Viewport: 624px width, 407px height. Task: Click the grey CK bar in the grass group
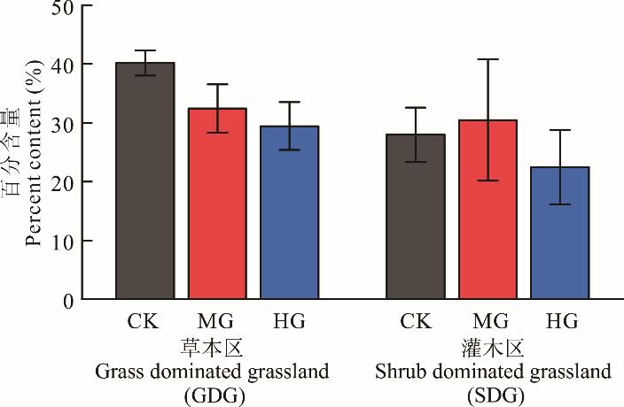pos(145,181)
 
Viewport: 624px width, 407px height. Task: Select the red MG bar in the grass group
pos(217,203)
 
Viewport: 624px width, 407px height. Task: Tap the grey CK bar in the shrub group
pos(415,217)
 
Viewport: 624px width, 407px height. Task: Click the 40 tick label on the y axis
pos(63,65)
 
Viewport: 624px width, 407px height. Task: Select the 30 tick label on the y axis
pos(63,123)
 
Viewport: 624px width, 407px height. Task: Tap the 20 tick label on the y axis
pos(63,181)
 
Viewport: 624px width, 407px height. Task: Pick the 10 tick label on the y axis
pos(63,241)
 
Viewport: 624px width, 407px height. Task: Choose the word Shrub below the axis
pos(396,372)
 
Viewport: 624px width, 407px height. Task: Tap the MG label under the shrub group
pos(488,321)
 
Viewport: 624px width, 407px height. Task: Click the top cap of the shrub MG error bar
pos(488,59)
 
